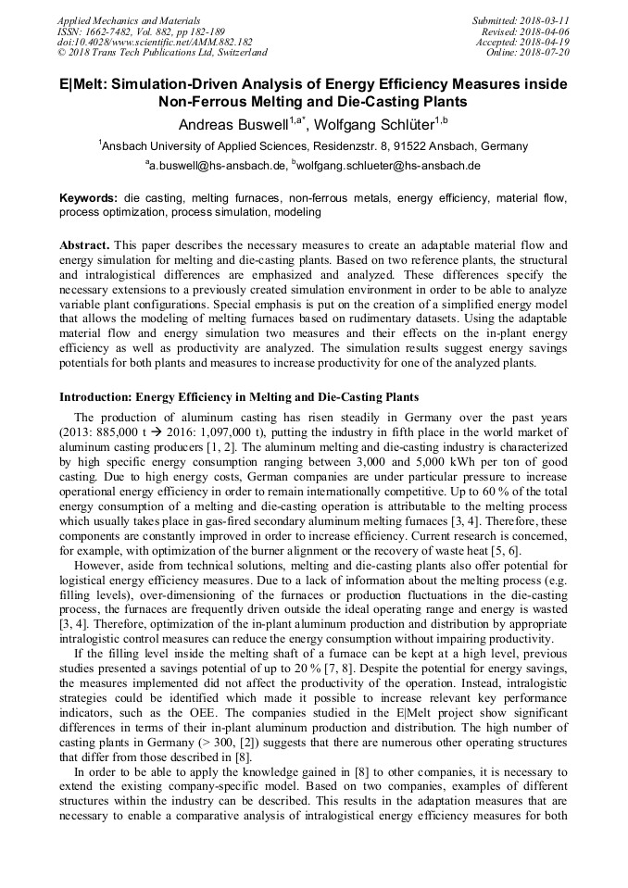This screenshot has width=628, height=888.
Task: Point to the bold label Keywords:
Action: coord(89,198)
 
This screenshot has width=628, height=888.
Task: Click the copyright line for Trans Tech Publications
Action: coord(162,53)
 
